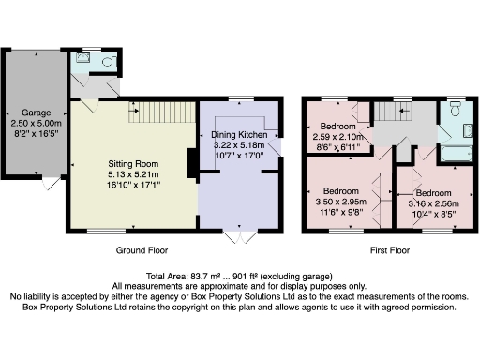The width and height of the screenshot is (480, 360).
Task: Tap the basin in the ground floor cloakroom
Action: click(82, 59)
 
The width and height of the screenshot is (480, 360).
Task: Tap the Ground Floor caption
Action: click(142, 251)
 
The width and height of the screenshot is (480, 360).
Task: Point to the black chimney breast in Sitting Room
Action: click(192, 163)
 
